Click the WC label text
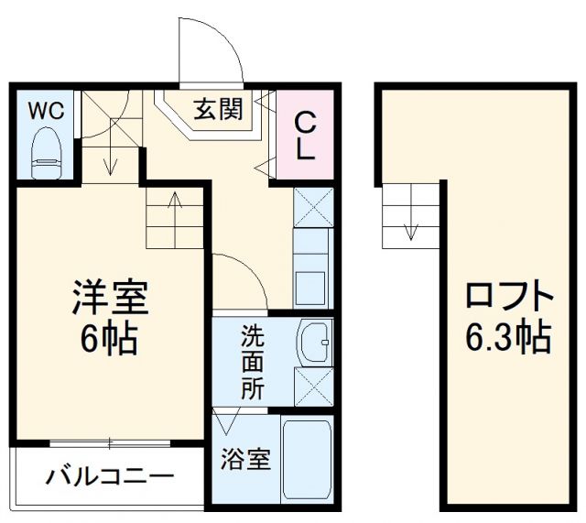(43, 111)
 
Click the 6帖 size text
(109, 340)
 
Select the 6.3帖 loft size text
(508, 340)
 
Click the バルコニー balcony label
(111, 477)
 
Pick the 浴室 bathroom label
(245, 459)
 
